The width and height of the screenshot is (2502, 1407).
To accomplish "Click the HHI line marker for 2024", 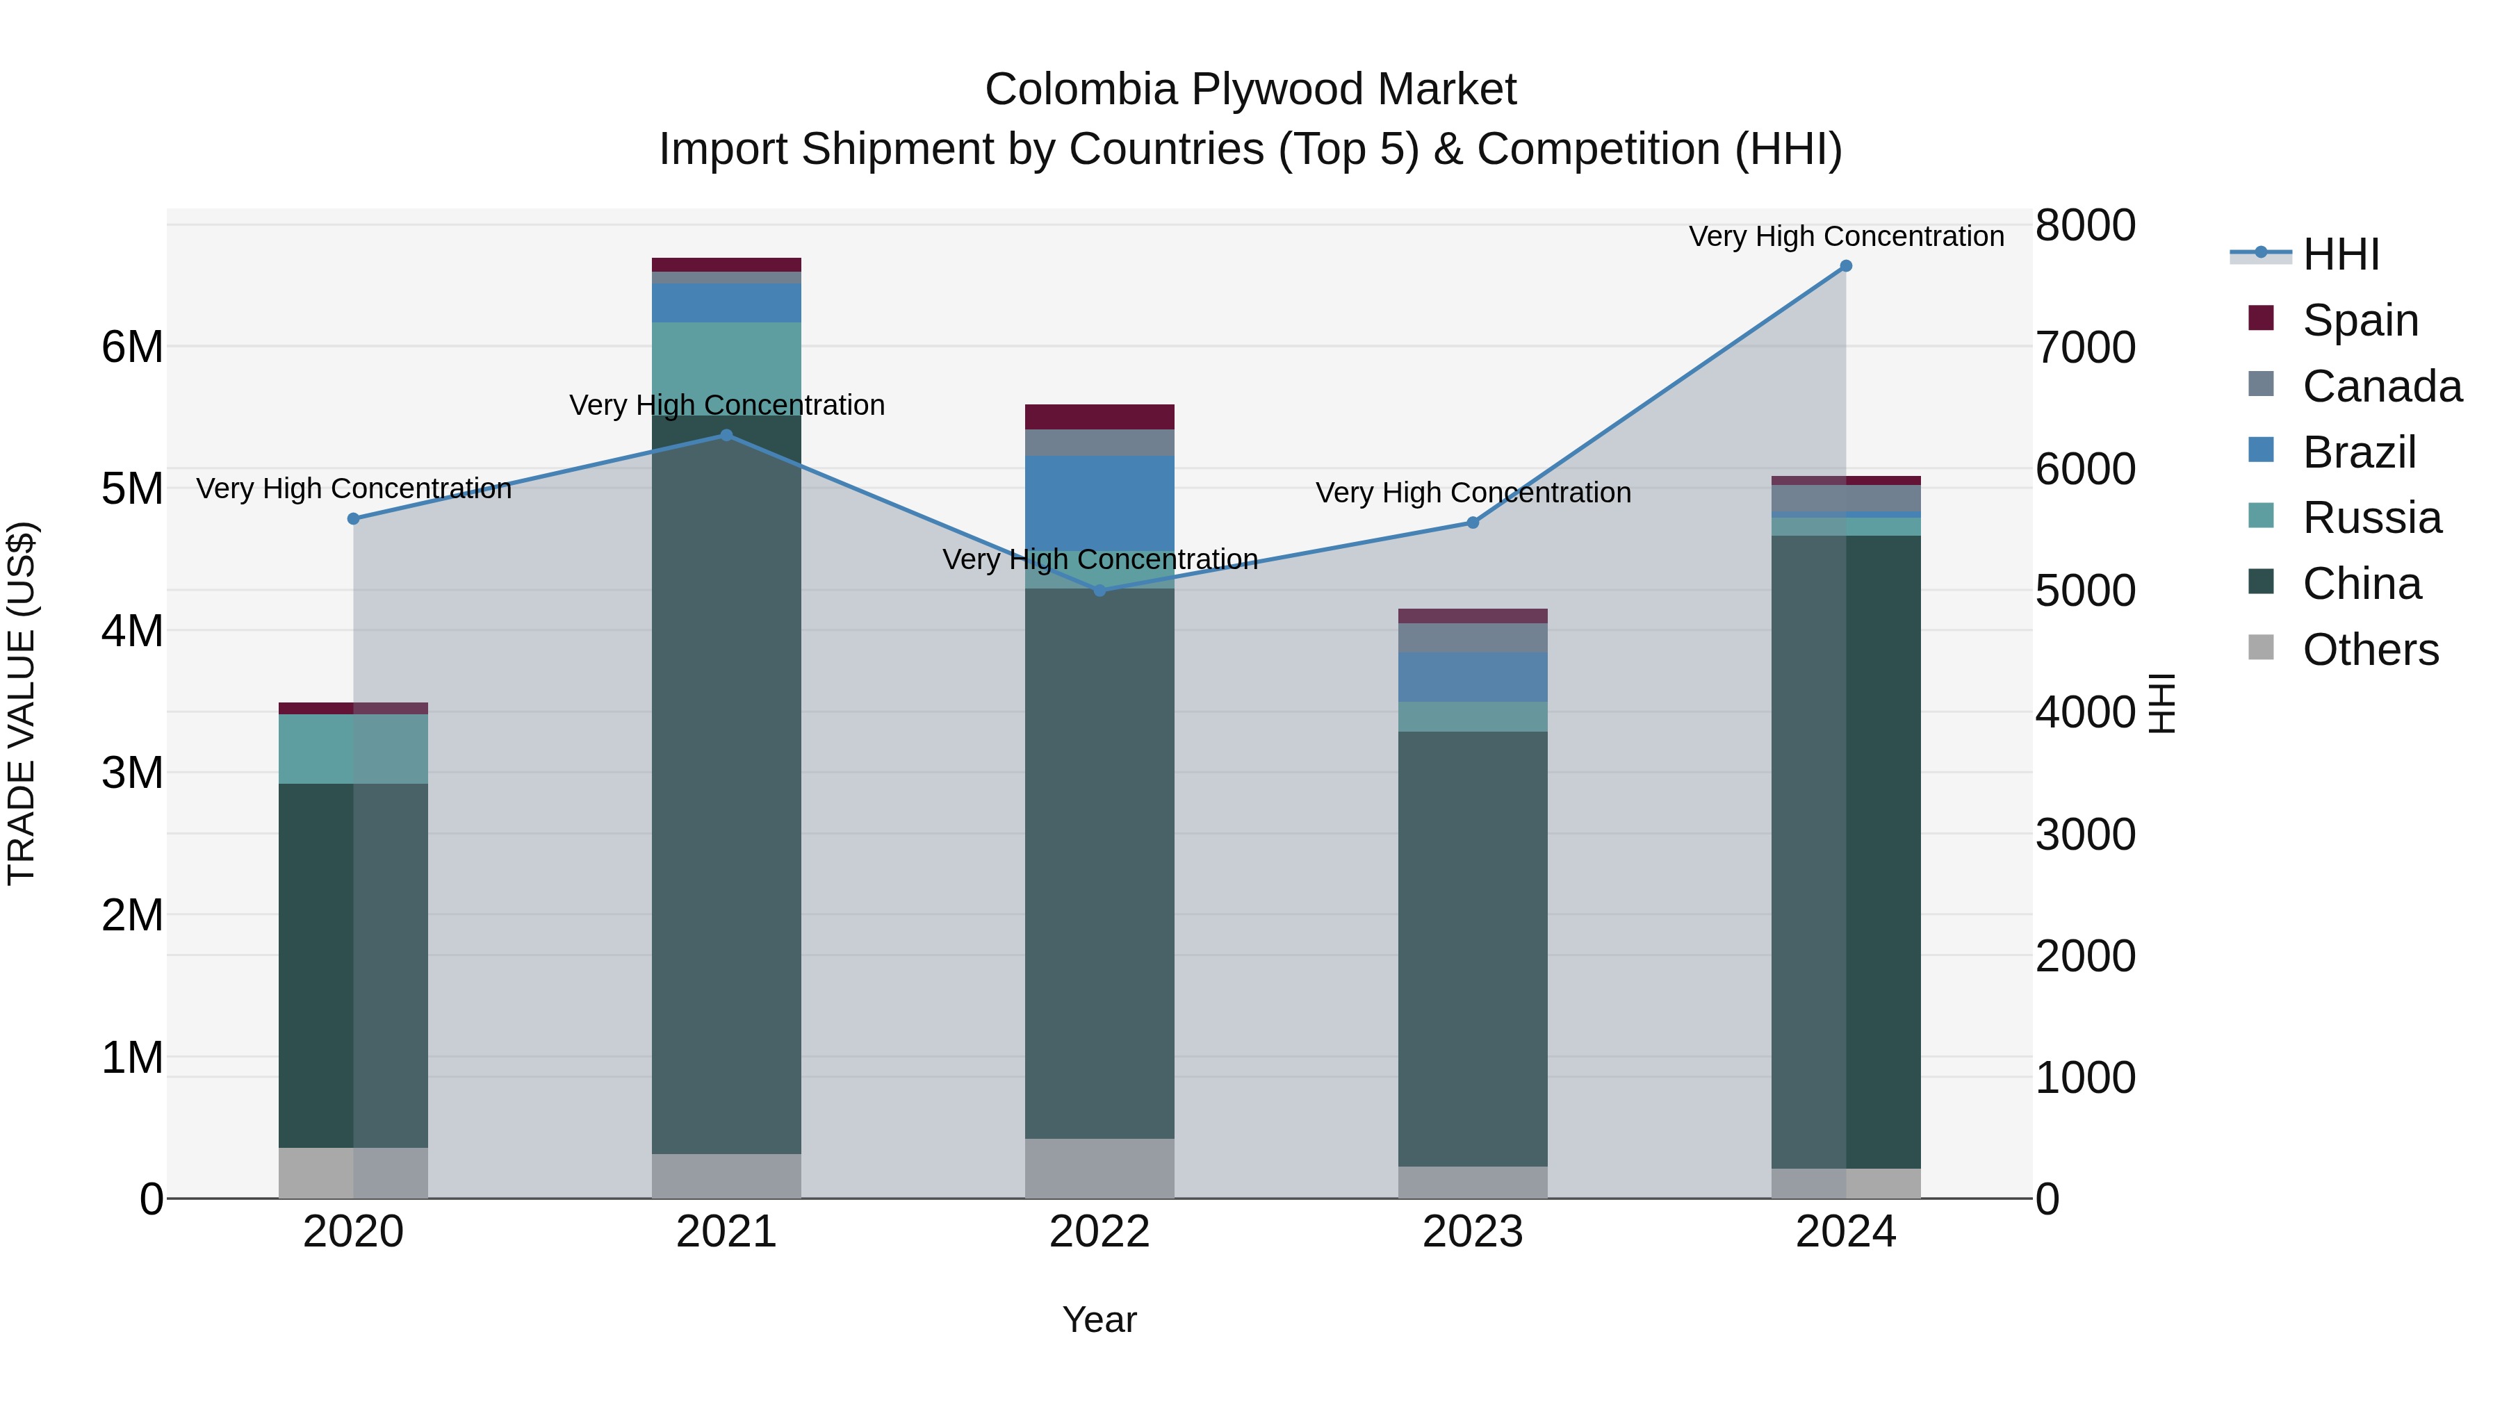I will pos(1845,266).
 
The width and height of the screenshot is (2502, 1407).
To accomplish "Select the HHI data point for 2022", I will pos(1099,591).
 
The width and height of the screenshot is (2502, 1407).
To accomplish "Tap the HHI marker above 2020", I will pos(354,518).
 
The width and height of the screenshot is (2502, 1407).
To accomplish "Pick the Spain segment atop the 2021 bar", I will pos(726,265).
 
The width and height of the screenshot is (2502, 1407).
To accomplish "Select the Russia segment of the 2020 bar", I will pos(354,748).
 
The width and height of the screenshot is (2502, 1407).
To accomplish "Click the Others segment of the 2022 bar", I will pos(1099,1168).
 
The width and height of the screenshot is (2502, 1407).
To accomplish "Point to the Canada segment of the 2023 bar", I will pos(1473,638).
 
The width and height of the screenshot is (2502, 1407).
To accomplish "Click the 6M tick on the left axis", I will pos(132,347).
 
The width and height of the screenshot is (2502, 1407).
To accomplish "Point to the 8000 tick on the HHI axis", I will pos(2084,225).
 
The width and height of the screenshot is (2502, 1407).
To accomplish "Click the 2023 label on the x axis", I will pos(1473,1232).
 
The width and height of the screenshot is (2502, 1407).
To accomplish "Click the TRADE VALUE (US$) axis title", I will pos(22,703).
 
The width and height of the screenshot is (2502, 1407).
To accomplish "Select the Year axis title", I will pos(1099,1319).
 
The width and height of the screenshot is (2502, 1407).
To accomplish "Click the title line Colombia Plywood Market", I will pos(1250,90).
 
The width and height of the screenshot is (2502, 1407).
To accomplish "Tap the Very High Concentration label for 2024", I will pos(1845,236).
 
